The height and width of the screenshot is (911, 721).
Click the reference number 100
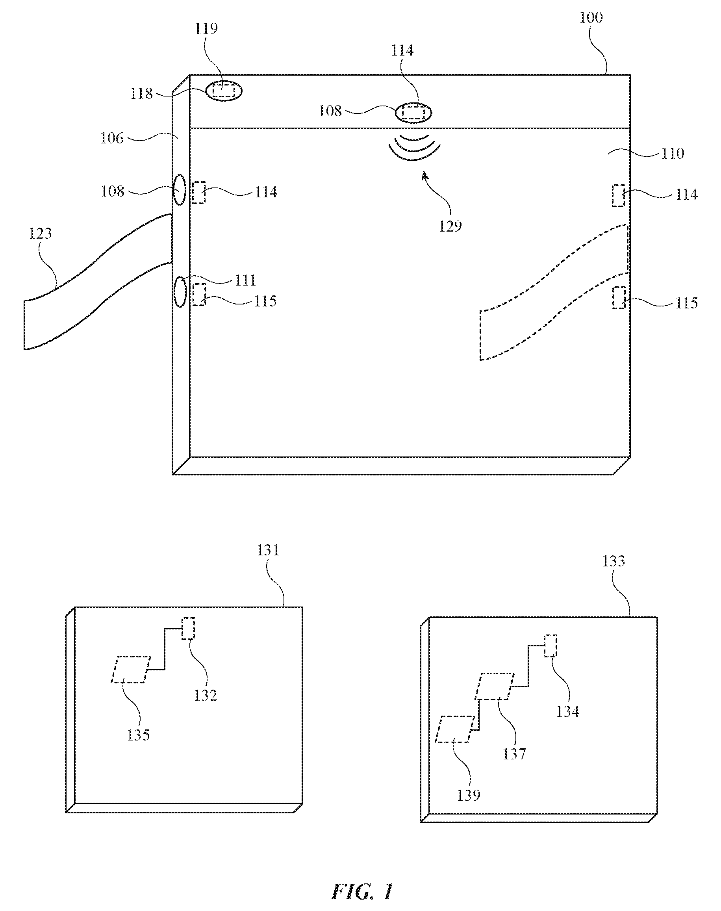(x=591, y=18)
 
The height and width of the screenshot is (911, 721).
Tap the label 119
(x=206, y=29)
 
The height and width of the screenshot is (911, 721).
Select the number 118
(x=141, y=93)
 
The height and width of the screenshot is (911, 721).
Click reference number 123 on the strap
(x=40, y=233)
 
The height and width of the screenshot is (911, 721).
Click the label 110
(x=673, y=153)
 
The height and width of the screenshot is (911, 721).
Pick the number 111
(x=245, y=280)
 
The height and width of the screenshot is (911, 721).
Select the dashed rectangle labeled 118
(x=224, y=91)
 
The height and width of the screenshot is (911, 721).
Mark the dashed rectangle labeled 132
(x=188, y=629)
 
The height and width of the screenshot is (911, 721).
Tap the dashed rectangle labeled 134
(x=550, y=646)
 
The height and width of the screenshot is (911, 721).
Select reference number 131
(x=269, y=551)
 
